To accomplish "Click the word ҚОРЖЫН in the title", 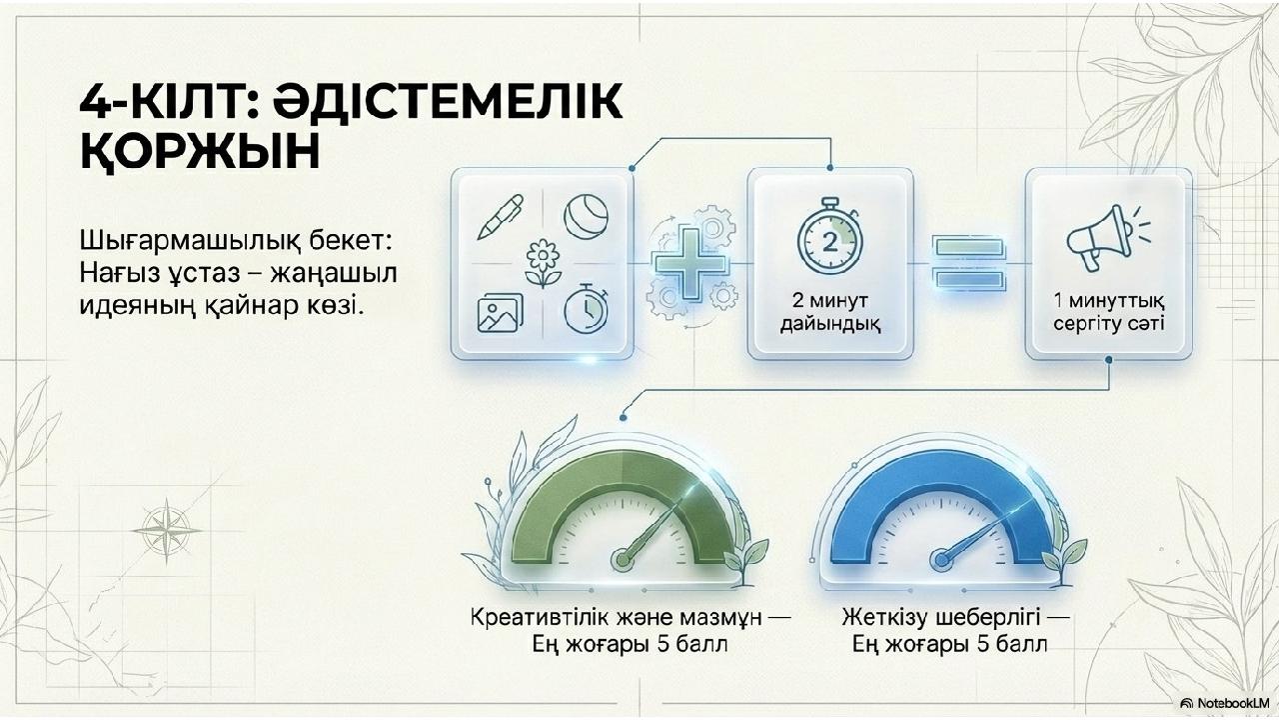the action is pyautogui.click(x=200, y=152).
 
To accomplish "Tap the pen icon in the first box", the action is pyautogui.click(x=501, y=217).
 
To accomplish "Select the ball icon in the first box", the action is pyautogui.click(x=586, y=217).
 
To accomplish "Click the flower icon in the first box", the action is pyautogui.click(x=543, y=263).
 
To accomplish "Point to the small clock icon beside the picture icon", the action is pyautogui.click(x=587, y=309).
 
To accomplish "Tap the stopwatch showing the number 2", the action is pyautogui.click(x=829, y=235).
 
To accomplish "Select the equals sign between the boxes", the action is pyautogui.click(x=968, y=262).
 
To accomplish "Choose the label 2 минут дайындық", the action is pyautogui.click(x=829, y=312).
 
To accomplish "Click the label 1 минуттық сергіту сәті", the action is pyautogui.click(x=1109, y=312).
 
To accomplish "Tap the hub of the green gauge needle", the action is pyautogui.click(x=623, y=559).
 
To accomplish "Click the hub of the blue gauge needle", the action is pyautogui.click(x=941, y=559).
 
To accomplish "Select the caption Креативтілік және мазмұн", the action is pyautogui.click(x=616, y=618).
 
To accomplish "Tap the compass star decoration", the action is pyautogui.click(x=167, y=530).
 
